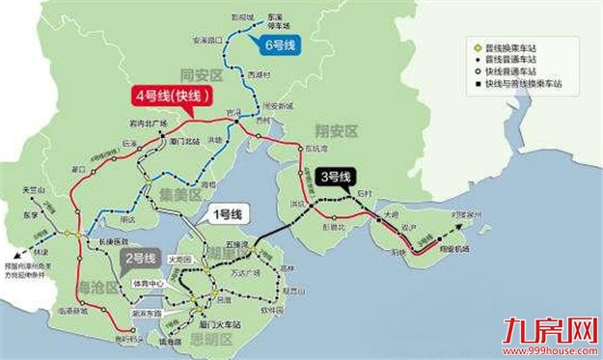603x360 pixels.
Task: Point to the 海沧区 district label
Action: click(96, 287)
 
